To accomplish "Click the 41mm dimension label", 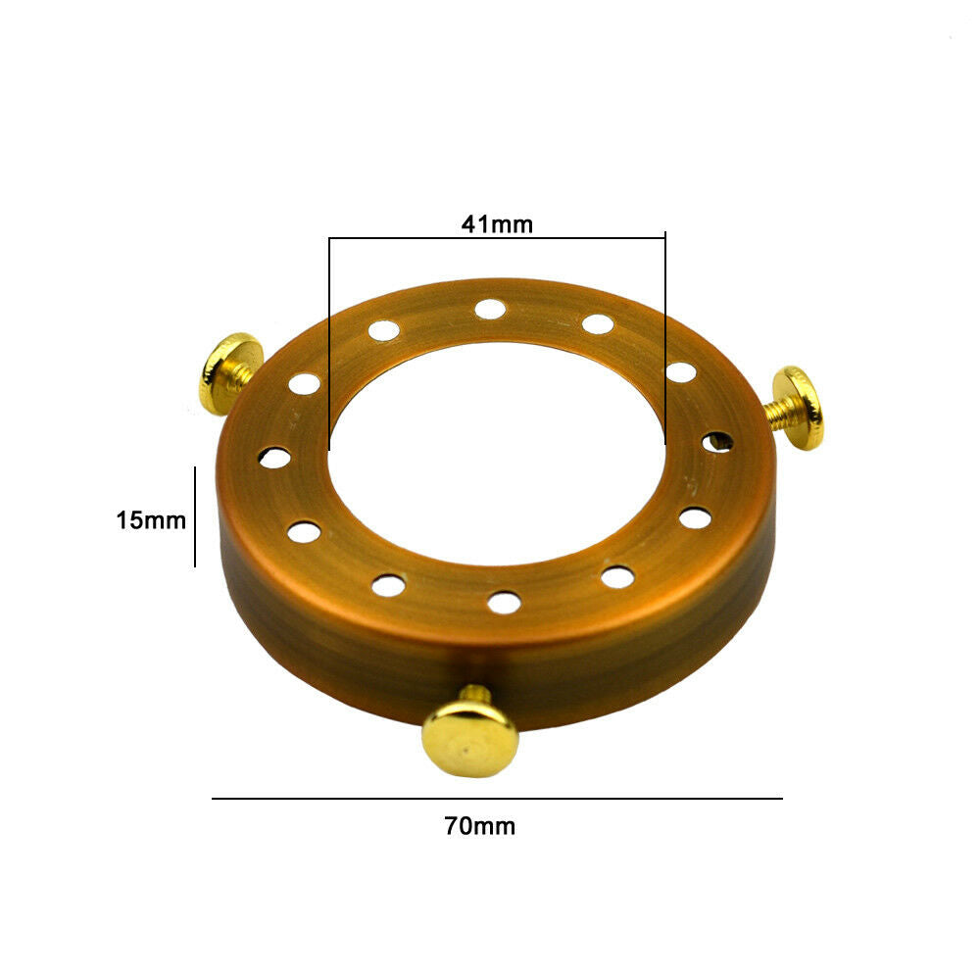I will click(x=497, y=224).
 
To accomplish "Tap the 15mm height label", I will click(x=151, y=520).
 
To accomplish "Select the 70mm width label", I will click(x=480, y=826).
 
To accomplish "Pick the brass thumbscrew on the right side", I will click(x=799, y=409).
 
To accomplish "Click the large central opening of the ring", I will click(x=497, y=451).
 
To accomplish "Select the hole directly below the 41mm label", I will click(x=490, y=310).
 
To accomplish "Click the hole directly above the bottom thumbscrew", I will click(x=504, y=602).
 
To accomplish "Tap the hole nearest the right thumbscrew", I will click(x=716, y=442).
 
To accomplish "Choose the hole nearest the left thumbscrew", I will click(x=304, y=384).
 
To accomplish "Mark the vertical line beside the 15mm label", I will click(x=195, y=516).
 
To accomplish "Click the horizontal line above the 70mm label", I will click(x=497, y=799).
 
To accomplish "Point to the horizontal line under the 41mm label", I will click(x=497, y=238).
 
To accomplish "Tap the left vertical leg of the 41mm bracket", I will click(x=329, y=343).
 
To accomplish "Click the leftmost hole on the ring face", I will click(x=274, y=458).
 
